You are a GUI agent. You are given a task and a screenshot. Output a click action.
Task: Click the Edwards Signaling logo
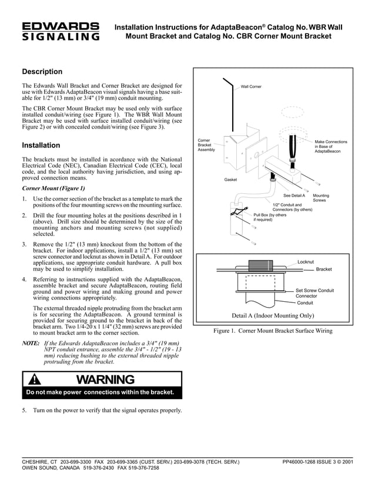[61, 32]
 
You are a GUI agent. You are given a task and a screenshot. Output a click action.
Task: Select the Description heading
[42, 72]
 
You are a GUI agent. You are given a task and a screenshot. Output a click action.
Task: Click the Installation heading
[41, 145]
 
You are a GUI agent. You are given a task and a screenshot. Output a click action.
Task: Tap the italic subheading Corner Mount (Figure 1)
[53, 188]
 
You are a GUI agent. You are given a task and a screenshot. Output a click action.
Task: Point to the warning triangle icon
[38, 380]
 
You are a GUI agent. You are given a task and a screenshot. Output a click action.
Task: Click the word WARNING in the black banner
[105, 380]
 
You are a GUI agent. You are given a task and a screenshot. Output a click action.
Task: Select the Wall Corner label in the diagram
[251, 86]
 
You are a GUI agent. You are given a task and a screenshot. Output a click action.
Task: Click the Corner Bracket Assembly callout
[206, 146]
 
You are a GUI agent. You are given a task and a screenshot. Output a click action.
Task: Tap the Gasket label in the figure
[230, 179]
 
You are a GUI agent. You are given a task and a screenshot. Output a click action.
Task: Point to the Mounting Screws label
[322, 198]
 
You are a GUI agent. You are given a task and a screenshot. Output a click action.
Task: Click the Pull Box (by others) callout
[270, 217]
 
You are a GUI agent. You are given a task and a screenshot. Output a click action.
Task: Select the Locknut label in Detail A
[306, 261]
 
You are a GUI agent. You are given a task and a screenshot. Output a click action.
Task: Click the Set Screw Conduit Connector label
[314, 293]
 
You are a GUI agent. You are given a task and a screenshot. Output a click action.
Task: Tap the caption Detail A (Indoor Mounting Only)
[273, 315]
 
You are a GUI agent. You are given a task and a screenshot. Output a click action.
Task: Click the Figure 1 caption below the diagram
[273, 331]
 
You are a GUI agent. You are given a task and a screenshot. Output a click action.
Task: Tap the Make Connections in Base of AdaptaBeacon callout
[330, 146]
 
